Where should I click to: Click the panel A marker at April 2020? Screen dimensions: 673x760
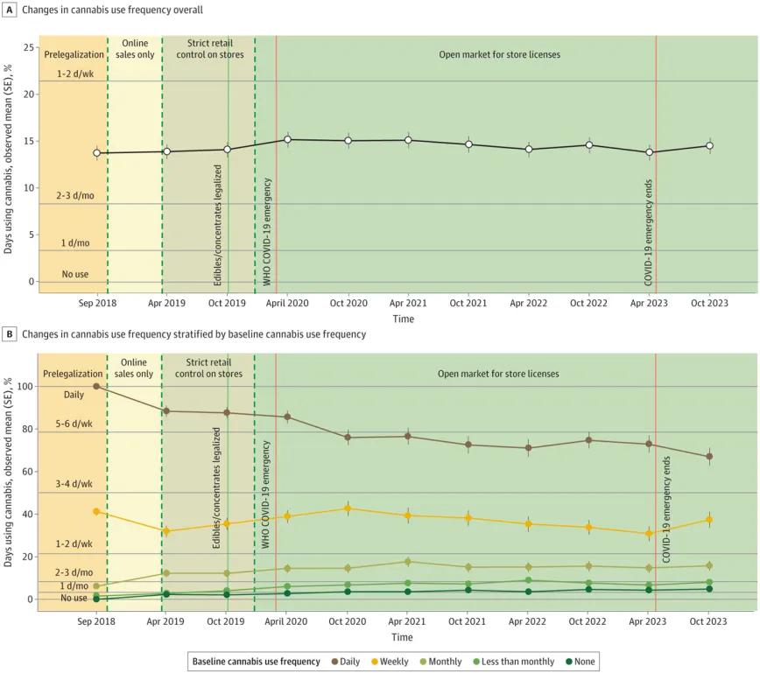point(288,139)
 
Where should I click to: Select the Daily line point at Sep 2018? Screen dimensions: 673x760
point(96,386)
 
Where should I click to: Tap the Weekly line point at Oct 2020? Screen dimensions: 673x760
point(348,508)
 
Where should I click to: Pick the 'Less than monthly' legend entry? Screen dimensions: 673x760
point(511,662)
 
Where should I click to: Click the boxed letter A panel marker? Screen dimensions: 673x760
point(10,10)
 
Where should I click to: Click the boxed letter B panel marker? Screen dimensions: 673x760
point(10,334)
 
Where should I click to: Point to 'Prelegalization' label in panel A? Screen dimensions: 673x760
point(74,54)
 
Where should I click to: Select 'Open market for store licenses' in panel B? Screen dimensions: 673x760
point(498,374)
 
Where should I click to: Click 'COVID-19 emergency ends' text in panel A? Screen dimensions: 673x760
point(648,232)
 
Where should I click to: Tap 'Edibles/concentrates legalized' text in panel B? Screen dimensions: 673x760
point(217,488)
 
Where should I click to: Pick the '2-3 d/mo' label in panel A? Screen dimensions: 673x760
point(76,196)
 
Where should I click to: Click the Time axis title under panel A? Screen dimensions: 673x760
point(403,319)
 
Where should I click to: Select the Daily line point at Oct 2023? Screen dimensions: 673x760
point(709,457)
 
